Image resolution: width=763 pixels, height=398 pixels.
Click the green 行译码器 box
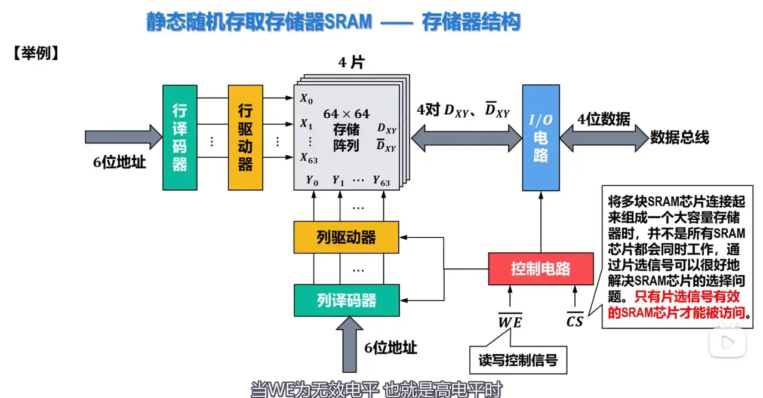[180, 137]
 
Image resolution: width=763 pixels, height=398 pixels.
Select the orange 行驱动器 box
[245, 137]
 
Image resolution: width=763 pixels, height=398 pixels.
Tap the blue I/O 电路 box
[541, 137]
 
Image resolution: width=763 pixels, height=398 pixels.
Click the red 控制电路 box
[541, 269]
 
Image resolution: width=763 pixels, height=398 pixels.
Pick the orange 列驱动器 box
[346, 237]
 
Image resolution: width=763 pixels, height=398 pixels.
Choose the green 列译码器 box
[346, 300]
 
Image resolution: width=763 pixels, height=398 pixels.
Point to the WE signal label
[510, 323]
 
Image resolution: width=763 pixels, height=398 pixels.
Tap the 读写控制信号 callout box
[518, 360]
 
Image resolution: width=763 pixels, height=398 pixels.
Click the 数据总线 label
[679, 137]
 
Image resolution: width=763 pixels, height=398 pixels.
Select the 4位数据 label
[604, 120]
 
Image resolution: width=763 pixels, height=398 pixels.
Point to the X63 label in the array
[309, 158]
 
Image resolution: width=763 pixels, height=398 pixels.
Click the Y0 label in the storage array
[312, 179]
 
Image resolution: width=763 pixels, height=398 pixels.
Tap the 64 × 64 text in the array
[346, 114]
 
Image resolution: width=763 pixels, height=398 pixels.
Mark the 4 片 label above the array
[351, 63]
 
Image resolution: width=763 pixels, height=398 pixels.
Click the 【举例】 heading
[35, 54]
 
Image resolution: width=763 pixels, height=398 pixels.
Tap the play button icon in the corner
[727, 342]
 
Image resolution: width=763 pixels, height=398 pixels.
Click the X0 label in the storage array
[306, 99]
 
